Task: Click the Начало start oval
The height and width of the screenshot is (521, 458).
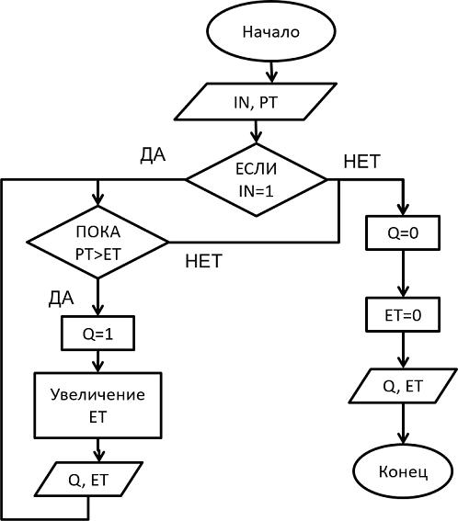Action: (271, 31)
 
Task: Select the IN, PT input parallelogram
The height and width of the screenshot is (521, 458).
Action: (256, 102)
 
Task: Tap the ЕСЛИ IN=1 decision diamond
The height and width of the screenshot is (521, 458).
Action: (256, 180)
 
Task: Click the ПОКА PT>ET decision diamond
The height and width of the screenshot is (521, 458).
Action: (97, 242)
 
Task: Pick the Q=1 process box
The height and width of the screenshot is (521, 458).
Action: (97, 333)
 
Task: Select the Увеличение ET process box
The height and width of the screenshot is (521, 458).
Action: (97, 405)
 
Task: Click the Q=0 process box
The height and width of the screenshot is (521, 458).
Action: (403, 232)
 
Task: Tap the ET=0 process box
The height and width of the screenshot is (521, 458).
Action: (403, 314)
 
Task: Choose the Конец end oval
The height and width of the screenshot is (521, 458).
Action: (403, 471)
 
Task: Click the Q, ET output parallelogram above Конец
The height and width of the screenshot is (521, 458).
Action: (403, 386)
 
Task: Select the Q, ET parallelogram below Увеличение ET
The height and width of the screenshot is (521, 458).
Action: (88, 479)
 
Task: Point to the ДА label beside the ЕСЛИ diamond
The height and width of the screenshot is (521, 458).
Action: (153, 155)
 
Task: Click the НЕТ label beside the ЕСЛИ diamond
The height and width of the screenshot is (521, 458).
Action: (361, 162)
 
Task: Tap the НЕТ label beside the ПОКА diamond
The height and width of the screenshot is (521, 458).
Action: (203, 261)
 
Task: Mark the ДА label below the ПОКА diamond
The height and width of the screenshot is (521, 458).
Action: (62, 299)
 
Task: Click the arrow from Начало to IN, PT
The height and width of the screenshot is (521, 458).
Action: (271, 72)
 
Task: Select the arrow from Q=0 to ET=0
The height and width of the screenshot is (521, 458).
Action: (403, 274)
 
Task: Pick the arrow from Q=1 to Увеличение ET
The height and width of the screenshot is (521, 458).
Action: (97, 361)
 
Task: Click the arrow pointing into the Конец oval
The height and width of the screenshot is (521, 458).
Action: (403, 424)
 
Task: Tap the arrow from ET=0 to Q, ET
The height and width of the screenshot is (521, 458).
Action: (403, 350)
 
